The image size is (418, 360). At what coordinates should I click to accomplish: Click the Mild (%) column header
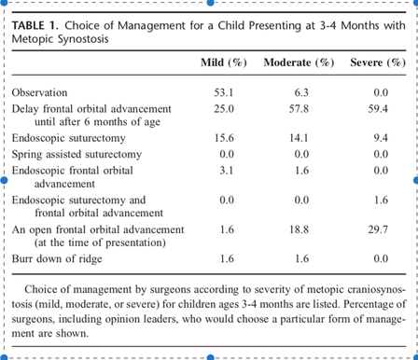(x=224, y=62)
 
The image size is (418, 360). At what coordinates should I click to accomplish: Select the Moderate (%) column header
(x=299, y=62)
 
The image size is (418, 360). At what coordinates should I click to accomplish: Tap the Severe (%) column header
(x=378, y=62)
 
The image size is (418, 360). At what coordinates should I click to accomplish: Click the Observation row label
(x=39, y=92)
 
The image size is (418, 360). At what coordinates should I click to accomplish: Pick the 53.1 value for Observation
(x=224, y=92)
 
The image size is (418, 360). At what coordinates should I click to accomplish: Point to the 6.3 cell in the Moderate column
(x=301, y=92)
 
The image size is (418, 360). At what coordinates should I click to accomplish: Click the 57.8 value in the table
(x=299, y=109)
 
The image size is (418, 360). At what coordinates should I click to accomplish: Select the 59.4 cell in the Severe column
(x=378, y=109)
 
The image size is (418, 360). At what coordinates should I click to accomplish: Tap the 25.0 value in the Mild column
(x=224, y=109)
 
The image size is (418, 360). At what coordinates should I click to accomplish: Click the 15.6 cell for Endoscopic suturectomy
(x=224, y=138)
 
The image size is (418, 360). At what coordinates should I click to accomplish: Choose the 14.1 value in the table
(x=299, y=138)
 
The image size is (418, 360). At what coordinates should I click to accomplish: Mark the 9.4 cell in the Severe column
(x=381, y=138)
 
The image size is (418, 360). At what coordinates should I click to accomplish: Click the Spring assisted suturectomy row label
(x=77, y=155)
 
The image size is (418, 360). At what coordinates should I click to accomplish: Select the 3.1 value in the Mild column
(x=227, y=171)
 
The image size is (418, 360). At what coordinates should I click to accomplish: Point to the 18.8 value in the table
(x=299, y=229)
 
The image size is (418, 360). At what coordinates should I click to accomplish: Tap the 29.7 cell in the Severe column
(x=378, y=229)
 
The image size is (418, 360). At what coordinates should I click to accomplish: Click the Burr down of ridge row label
(x=57, y=258)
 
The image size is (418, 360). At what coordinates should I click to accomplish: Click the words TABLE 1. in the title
(x=35, y=25)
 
